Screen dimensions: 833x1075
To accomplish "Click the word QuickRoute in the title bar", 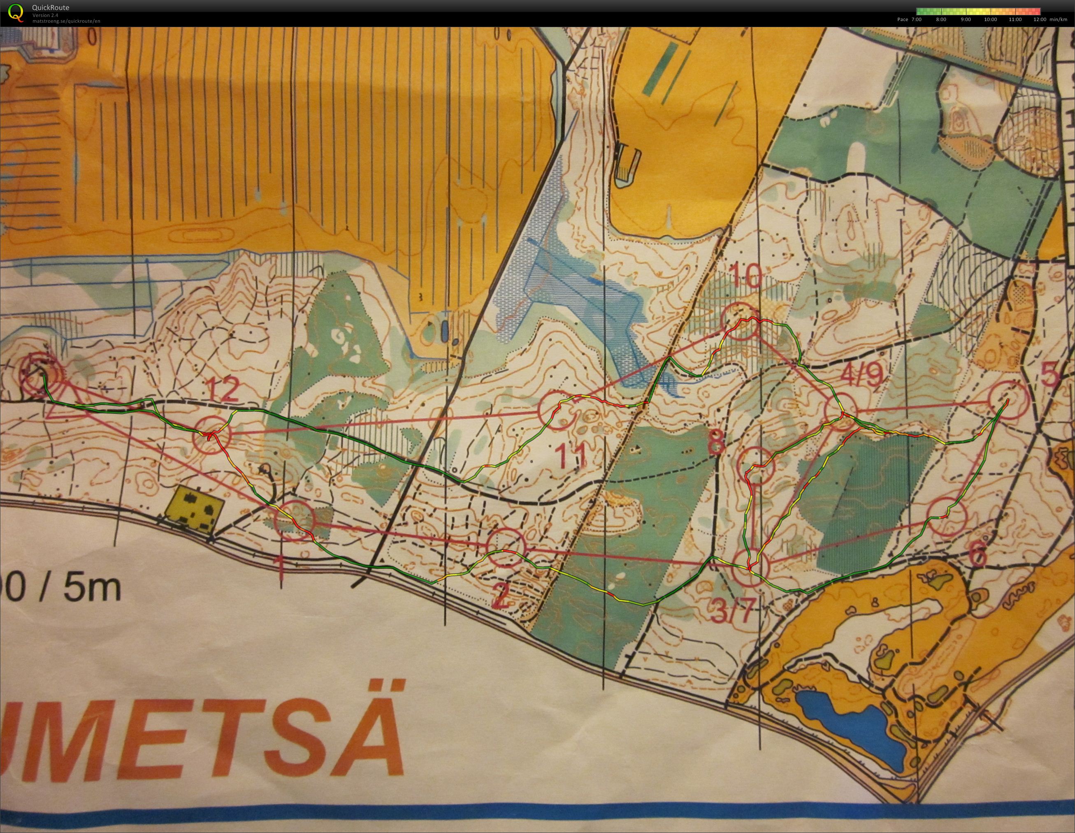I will click(51, 7).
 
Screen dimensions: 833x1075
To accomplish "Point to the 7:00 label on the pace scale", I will click(916, 20).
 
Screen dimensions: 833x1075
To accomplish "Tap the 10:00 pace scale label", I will click(990, 20).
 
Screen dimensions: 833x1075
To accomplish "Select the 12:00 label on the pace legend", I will click(1040, 20).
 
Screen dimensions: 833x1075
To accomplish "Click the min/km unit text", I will click(1058, 20).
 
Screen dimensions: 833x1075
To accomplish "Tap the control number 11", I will click(573, 455).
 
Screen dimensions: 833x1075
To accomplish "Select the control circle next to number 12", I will click(211, 435).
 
